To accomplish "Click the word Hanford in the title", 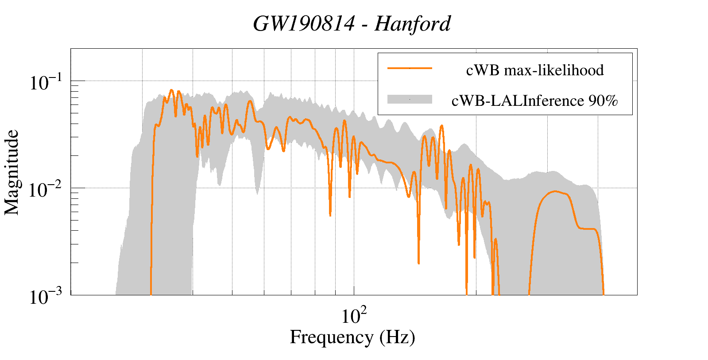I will [x=412, y=24].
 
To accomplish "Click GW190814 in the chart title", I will [x=304, y=24].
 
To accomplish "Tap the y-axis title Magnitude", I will [x=12, y=172].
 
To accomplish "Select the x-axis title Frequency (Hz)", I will [x=352, y=337].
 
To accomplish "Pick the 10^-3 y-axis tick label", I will [x=46, y=297].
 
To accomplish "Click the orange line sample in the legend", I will [x=410, y=69].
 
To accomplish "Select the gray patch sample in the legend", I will [x=410, y=100].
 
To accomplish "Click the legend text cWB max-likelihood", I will [x=535, y=70].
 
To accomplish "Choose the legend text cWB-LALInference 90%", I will [x=535, y=101].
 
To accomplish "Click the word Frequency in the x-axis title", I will [x=331, y=337].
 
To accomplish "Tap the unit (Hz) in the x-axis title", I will [x=397, y=337].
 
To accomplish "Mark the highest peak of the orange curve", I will [x=172, y=90].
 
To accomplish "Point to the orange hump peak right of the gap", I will [x=554, y=191].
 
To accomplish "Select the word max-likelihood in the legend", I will [x=554, y=70].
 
